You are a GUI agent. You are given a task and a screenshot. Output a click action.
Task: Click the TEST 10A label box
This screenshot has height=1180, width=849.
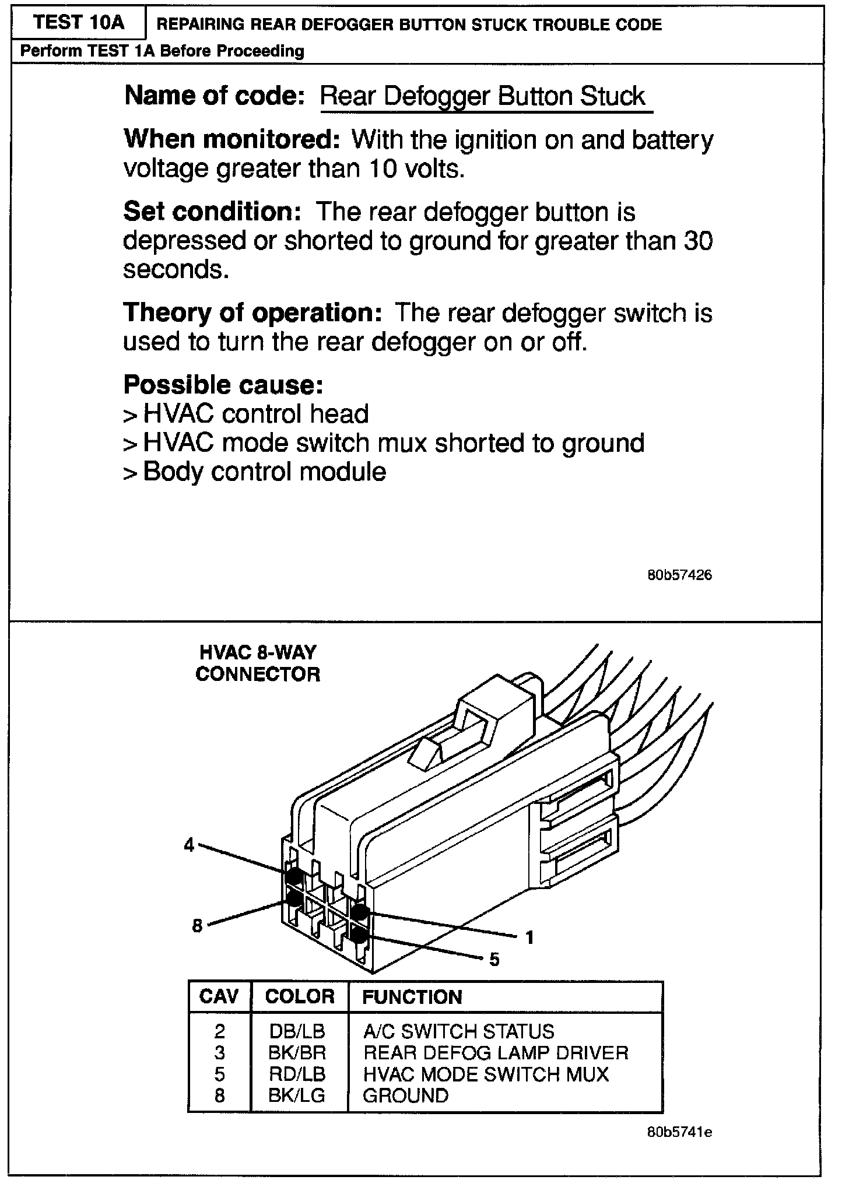79,23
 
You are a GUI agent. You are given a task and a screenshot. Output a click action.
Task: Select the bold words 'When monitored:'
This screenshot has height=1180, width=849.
231,139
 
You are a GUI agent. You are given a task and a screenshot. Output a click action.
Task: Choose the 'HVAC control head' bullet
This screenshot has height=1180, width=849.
255,414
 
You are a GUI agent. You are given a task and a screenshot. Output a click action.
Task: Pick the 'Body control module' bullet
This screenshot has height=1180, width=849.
264,472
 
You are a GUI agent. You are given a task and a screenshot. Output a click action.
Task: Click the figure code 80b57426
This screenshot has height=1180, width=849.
679,575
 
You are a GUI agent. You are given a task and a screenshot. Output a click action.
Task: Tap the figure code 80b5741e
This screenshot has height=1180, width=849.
679,1133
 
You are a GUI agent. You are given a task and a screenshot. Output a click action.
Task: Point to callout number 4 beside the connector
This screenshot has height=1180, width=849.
189,845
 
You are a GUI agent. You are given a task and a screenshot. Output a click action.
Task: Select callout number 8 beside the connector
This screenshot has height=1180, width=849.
197,925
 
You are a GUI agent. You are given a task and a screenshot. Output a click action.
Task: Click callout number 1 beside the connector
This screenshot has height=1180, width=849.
529,937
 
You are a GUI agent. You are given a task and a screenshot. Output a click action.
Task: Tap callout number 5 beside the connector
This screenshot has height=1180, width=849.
494,960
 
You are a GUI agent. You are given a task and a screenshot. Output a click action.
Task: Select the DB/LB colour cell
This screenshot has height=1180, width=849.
297,1031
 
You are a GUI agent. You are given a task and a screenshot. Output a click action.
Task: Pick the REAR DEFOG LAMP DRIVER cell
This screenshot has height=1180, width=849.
496,1053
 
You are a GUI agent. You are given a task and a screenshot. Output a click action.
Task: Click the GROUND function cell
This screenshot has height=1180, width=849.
406,1096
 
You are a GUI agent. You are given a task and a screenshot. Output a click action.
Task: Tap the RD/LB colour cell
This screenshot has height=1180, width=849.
297,1074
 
